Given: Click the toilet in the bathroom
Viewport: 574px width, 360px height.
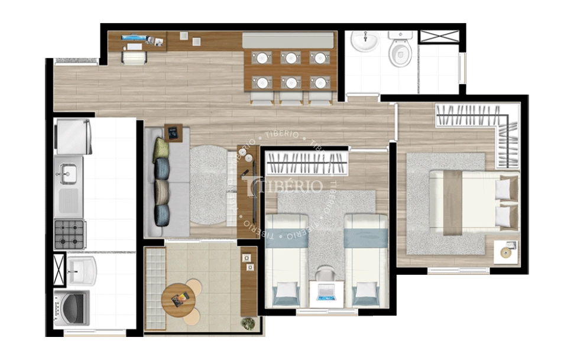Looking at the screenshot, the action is tap(400, 48).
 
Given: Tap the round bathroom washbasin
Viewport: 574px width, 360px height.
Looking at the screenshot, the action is tap(365, 40).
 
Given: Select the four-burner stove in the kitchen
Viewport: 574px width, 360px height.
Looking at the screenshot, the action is tap(69, 235).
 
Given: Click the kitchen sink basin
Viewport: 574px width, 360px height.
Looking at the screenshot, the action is tap(69, 174).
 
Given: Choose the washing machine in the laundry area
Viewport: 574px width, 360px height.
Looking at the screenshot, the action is tap(72, 307).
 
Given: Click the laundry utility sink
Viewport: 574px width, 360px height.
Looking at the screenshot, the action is tap(81, 271).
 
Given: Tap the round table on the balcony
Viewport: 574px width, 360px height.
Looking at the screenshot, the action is tap(179, 300).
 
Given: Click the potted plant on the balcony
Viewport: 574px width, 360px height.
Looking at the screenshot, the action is tap(248, 323).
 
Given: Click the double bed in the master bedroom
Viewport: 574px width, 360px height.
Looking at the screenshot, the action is tap(474, 202).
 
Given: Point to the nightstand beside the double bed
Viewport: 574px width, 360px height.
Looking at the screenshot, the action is tap(506, 252).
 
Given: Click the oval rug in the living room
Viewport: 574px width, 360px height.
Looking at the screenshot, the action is tap(209, 185).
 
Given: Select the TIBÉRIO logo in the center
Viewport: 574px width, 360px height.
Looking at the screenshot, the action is tap(285, 186).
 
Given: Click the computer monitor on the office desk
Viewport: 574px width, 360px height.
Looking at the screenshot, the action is tap(134, 38).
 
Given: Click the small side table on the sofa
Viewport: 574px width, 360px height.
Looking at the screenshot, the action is tap(173, 132).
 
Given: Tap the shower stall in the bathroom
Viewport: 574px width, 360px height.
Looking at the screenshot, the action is tap(439, 61).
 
